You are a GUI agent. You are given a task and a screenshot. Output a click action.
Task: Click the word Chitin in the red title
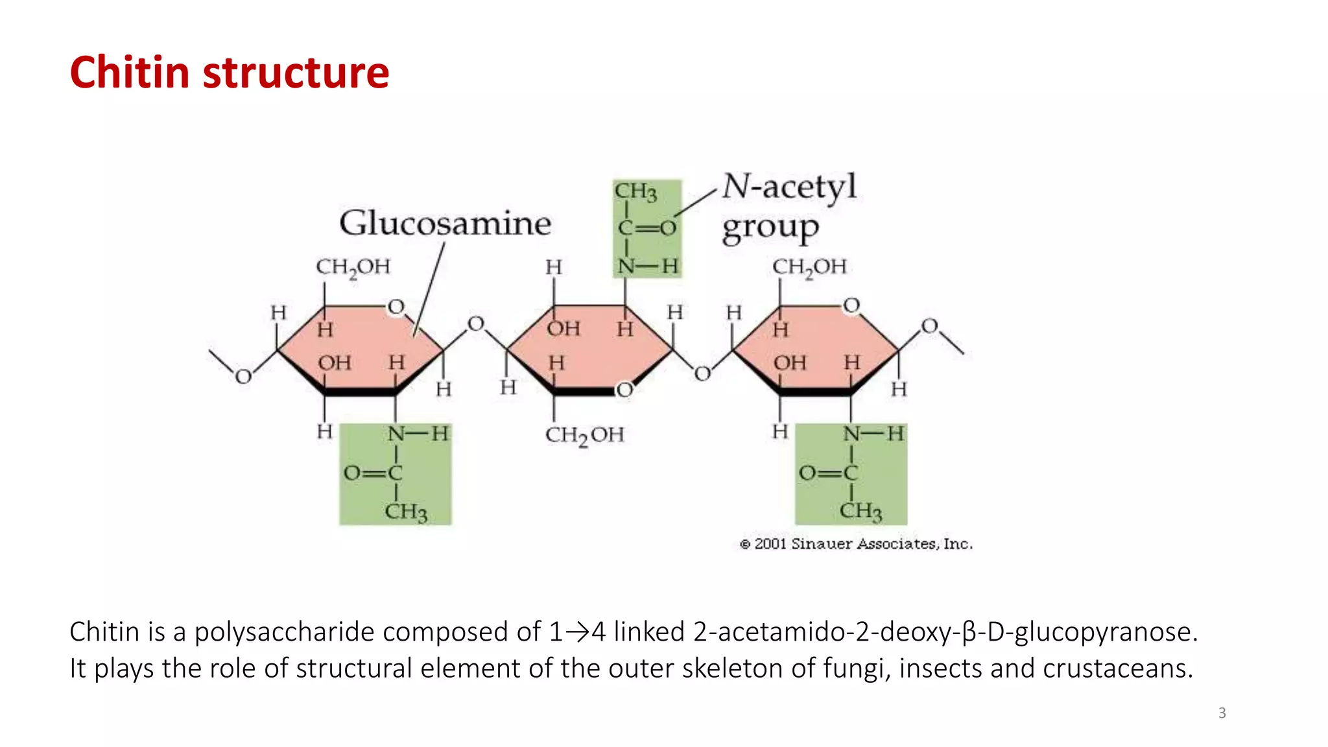click(130, 72)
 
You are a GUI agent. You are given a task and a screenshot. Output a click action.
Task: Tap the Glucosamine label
click(445, 223)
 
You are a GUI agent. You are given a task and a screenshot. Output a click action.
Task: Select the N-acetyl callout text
click(789, 187)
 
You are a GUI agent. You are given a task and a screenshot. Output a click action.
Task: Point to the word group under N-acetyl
click(770, 228)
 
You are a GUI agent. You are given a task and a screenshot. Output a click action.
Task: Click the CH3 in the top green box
click(635, 192)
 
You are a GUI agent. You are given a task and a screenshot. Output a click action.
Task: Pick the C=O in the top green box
click(646, 228)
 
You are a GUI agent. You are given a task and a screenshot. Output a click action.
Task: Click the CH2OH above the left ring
click(353, 267)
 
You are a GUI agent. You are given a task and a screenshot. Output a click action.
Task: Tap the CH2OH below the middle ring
click(584, 435)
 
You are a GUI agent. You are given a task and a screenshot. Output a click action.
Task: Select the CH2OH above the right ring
click(809, 267)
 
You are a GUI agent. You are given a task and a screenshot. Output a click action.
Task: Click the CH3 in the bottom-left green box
click(406, 512)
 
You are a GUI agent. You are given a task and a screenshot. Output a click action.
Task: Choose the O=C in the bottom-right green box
click(828, 473)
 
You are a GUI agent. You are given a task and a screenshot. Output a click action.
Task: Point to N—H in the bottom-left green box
click(418, 434)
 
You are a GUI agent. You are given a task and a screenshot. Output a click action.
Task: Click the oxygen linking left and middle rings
click(476, 324)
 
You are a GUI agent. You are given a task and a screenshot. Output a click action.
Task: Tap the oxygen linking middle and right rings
click(702, 373)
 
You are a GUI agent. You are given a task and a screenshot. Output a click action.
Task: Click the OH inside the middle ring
click(563, 329)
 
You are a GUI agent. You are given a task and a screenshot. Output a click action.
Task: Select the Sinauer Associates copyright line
click(856, 544)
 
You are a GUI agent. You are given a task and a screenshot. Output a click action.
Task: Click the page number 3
click(1222, 713)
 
